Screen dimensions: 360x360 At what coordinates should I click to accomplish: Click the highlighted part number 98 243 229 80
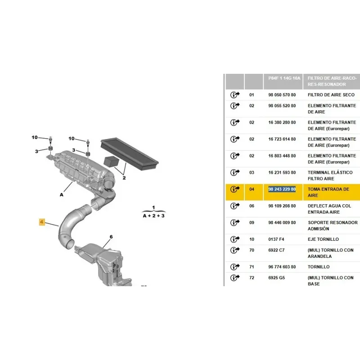coord(282,189)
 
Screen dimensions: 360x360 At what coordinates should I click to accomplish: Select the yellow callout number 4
coord(42,222)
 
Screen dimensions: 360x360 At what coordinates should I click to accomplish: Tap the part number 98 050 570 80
coord(282,95)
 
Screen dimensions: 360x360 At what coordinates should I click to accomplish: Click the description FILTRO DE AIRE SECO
coord(331,95)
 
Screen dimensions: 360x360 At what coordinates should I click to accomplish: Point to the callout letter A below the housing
coord(62,195)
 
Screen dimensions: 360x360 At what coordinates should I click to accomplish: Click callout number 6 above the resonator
coord(111,237)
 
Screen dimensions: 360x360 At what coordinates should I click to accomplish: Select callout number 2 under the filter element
coord(124,178)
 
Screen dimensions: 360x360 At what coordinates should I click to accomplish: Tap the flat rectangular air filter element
coord(130,153)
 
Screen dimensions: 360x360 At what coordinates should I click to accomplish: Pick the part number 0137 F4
coord(276,239)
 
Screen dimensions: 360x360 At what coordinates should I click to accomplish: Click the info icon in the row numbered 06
coord(234,206)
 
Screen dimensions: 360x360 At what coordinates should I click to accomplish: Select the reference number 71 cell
coord(252,267)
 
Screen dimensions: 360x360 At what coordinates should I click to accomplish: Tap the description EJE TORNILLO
coord(323,239)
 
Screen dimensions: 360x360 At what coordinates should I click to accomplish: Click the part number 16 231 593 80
coord(282,172)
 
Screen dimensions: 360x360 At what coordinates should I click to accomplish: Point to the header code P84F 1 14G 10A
coord(284,78)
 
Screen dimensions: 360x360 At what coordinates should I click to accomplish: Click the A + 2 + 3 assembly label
coord(153,216)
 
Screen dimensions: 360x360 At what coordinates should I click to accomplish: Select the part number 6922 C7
coord(276,250)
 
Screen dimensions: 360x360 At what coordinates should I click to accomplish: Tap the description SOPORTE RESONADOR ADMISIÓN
coord(333,226)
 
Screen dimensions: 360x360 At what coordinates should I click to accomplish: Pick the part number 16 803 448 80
coord(282,156)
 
